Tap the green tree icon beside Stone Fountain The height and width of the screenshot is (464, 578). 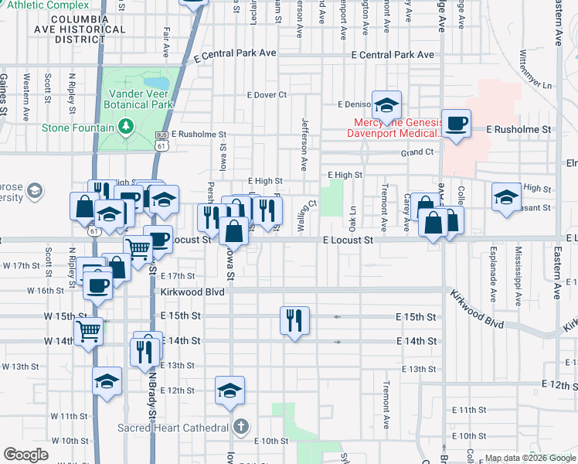[126, 127]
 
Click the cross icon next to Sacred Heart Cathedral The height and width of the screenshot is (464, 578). [241, 427]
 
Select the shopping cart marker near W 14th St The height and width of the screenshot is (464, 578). [90, 330]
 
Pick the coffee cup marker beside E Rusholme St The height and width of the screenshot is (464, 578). [456, 123]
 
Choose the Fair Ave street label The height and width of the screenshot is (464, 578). [166, 43]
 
